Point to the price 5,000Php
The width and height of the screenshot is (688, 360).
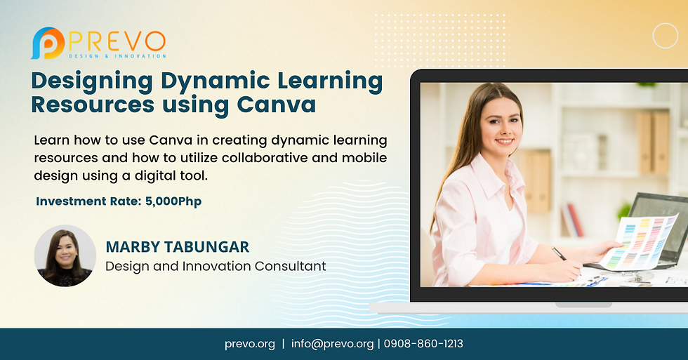[173, 201]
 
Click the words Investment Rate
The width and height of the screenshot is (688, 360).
[88, 201]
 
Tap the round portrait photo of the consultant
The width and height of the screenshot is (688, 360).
[65, 255]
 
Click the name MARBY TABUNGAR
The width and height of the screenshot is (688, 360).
[177, 247]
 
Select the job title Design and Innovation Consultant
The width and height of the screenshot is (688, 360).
[216, 266]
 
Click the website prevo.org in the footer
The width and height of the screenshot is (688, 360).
[250, 344]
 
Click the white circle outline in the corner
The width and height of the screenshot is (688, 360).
[665, 36]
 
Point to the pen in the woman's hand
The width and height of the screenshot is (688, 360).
[560, 253]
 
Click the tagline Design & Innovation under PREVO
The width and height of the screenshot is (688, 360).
[117, 55]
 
